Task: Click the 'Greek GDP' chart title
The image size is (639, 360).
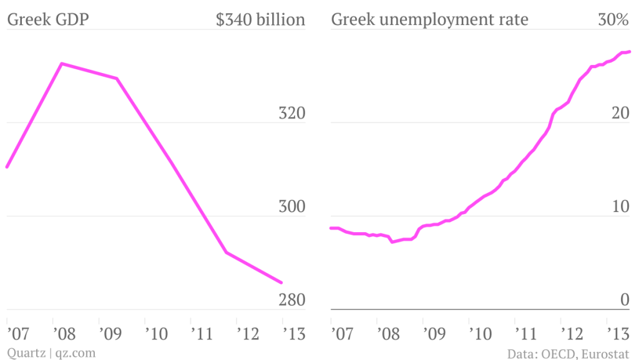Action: pyautogui.click(x=47, y=20)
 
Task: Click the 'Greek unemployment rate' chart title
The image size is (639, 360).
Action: pyautogui.click(x=429, y=20)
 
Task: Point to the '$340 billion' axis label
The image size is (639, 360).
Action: pyautogui.click(x=260, y=20)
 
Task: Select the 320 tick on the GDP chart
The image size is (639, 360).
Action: pyautogui.click(x=291, y=114)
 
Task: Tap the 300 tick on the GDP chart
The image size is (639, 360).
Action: pyautogui.click(x=291, y=207)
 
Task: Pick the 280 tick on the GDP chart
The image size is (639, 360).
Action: pyautogui.click(x=291, y=300)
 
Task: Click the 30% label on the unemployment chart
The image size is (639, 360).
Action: pyautogui.click(x=613, y=20)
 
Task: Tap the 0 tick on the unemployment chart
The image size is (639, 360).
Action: pyautogui.click(x=624, y=300)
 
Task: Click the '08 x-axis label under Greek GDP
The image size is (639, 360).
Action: pyautogui.click(x=64, y=334)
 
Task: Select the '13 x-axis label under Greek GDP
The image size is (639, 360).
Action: pyautogui.click(x=291, y=334)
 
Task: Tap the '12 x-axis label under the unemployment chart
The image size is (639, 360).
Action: pyautogui.click(x=570, y=334)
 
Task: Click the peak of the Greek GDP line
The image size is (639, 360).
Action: pyautogui.click(x=61, y=64)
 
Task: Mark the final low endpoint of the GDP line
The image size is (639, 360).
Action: pyautogui.click(x=281, y=283)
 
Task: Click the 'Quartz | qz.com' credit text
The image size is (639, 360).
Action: pyautogui.click(x=51, y=353)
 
